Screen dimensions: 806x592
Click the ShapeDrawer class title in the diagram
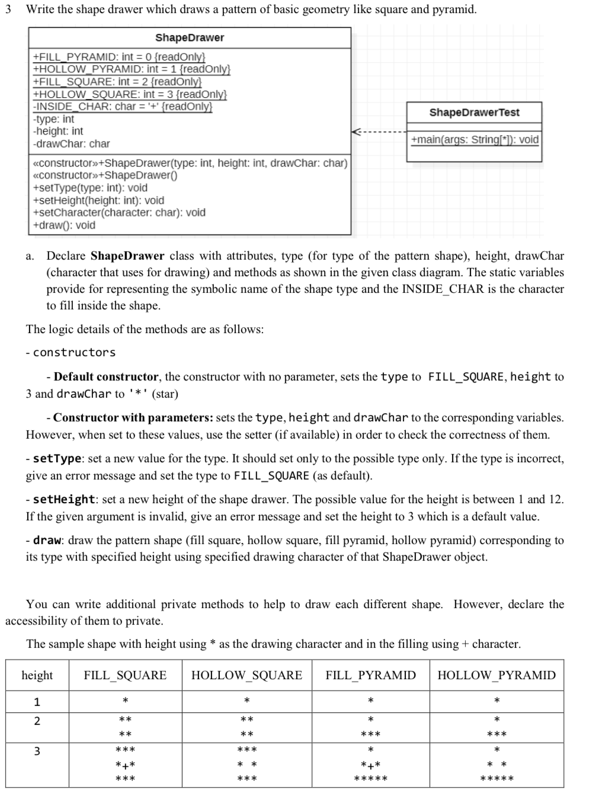click(190, 38)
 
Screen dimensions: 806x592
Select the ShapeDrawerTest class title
click(474, 113)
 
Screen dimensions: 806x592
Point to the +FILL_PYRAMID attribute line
click(119, 57)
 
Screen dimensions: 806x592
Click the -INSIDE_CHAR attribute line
click(122, 107)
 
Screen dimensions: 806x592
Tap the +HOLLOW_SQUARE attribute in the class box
click(130, 94)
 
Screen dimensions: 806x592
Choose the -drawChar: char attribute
click(71, 144)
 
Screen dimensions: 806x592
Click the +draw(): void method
click(64, 225)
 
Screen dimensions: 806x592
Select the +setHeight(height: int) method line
click(98, 200)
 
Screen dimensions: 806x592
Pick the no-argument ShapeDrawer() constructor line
click(105, 175)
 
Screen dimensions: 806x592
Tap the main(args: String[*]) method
click(474, 140)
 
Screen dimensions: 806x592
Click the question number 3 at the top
click(8, 9)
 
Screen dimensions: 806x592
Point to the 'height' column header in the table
click(37, 676)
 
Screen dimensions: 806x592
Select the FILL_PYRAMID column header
click(370, 676)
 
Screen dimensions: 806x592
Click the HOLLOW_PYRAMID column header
click(496, 676)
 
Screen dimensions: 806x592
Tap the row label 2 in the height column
click(37, 721)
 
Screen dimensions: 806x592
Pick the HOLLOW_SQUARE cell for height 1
click(247, 702)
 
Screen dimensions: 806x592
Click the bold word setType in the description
click(57, 459)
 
